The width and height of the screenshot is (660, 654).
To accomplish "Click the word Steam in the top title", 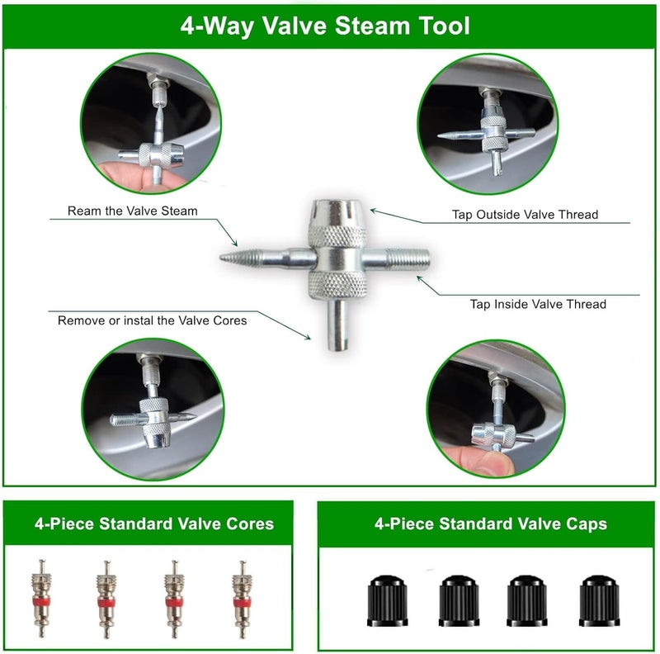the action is point(372,26).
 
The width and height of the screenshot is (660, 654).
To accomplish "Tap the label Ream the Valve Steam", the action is point(133,211).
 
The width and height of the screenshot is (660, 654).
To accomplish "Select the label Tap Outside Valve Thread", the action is point(525,215).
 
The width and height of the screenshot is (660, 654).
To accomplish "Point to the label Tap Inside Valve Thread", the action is point(538,304).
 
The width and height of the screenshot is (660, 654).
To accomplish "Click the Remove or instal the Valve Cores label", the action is point(152,320).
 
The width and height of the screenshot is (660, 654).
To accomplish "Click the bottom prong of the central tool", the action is point(338,325).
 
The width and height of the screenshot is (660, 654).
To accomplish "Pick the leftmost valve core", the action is point(41,598).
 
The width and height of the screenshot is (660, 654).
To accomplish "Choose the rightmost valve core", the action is point(243,599).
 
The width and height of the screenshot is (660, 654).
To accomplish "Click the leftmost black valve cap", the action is point(388,600).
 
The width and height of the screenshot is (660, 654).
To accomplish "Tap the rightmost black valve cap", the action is point(599,600).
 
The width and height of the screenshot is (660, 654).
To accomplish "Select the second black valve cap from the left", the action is point(459,600).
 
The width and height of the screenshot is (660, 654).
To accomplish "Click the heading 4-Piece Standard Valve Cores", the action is point(154,524).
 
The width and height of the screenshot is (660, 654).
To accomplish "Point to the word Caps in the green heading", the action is point(587,524).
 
